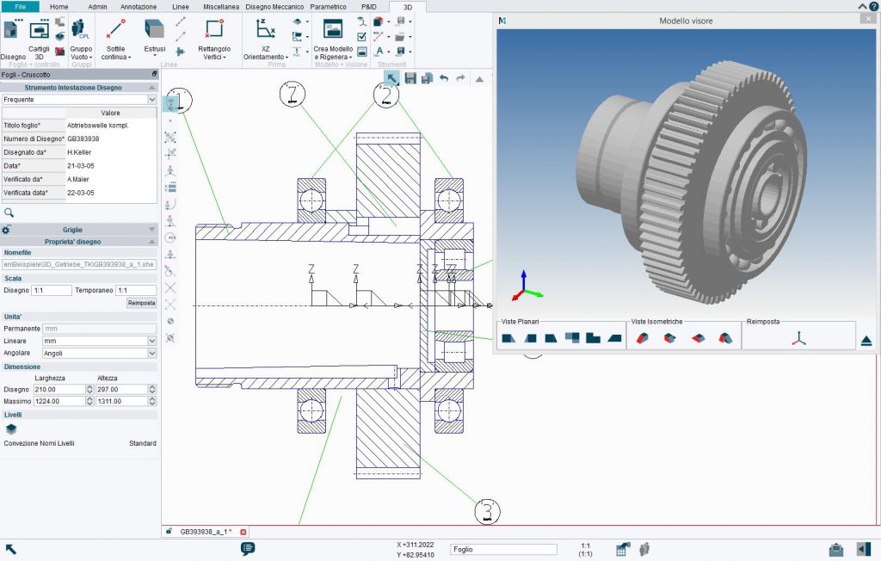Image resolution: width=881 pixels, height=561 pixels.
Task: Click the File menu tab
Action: pyautogui.click(x=20, y=6)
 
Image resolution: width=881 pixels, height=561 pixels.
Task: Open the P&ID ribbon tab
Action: pyautogui.click(x=368, y=6)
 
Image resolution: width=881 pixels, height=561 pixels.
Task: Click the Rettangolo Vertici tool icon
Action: pyautogui.click(x=213, y=32)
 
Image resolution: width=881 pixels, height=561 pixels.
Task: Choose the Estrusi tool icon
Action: pyautogui.click(x=154, y=32)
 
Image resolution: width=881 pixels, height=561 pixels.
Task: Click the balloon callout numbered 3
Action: pyautogui.click(x=487, y=511)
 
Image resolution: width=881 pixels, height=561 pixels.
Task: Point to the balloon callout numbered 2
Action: pyautogui.click(x=386, y=95)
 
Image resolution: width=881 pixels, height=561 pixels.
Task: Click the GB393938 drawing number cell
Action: pyautogui.click(x=110, y=139)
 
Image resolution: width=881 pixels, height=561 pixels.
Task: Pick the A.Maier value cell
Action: pyautogui.click(x=110, y=179)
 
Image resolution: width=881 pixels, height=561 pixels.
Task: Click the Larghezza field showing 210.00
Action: pyautogui.click(x=59, y=390)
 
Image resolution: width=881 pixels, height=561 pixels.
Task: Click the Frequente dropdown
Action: pyautogui.click(x=78, y=100)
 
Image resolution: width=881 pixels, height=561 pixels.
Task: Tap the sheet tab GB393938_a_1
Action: pyautogui.click(x=205, y=532)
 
